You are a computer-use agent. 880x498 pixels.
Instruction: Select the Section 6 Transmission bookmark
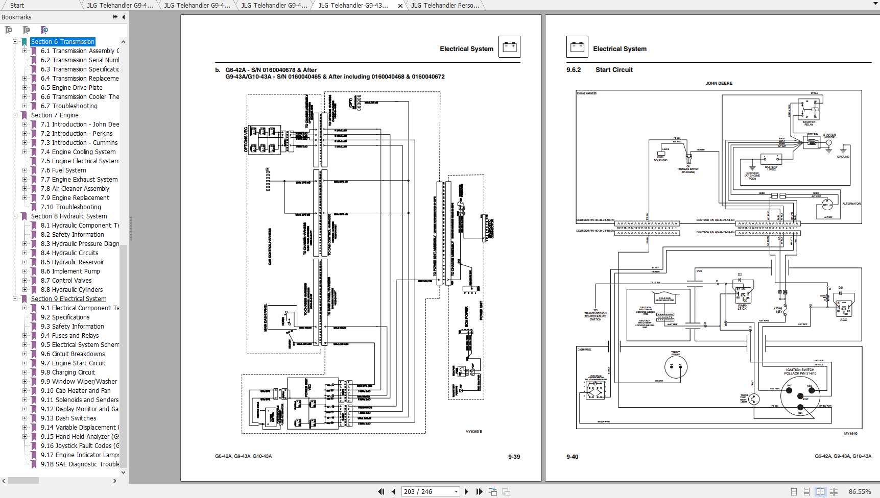click(x=62, y=42)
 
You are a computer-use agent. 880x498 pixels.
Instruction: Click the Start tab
click(x=17, y=6)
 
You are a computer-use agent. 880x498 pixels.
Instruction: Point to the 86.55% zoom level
click(x=860, y=492)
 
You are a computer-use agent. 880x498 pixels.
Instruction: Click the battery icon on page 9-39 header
click(x=509, y=47)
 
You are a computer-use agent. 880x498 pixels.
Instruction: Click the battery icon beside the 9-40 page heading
click(x=577, y=47)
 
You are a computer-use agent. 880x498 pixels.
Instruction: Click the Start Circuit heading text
click(x=614, y=70)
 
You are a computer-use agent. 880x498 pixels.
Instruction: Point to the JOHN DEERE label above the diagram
click(x=719, y=83)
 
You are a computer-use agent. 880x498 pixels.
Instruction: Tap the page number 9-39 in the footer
click(x=514, y=457)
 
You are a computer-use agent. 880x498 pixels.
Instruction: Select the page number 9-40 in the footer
click(x=572, y=457)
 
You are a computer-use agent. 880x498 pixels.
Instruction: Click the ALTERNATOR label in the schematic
click(x=851, y=204)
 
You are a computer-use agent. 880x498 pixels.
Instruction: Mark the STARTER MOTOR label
click(x=829, y=136)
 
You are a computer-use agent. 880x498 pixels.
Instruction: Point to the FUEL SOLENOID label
click(x=660, y=159)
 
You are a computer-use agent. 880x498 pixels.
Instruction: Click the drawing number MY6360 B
click(x=473, y=432)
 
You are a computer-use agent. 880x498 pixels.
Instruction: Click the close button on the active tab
click(x=400, y=6)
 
